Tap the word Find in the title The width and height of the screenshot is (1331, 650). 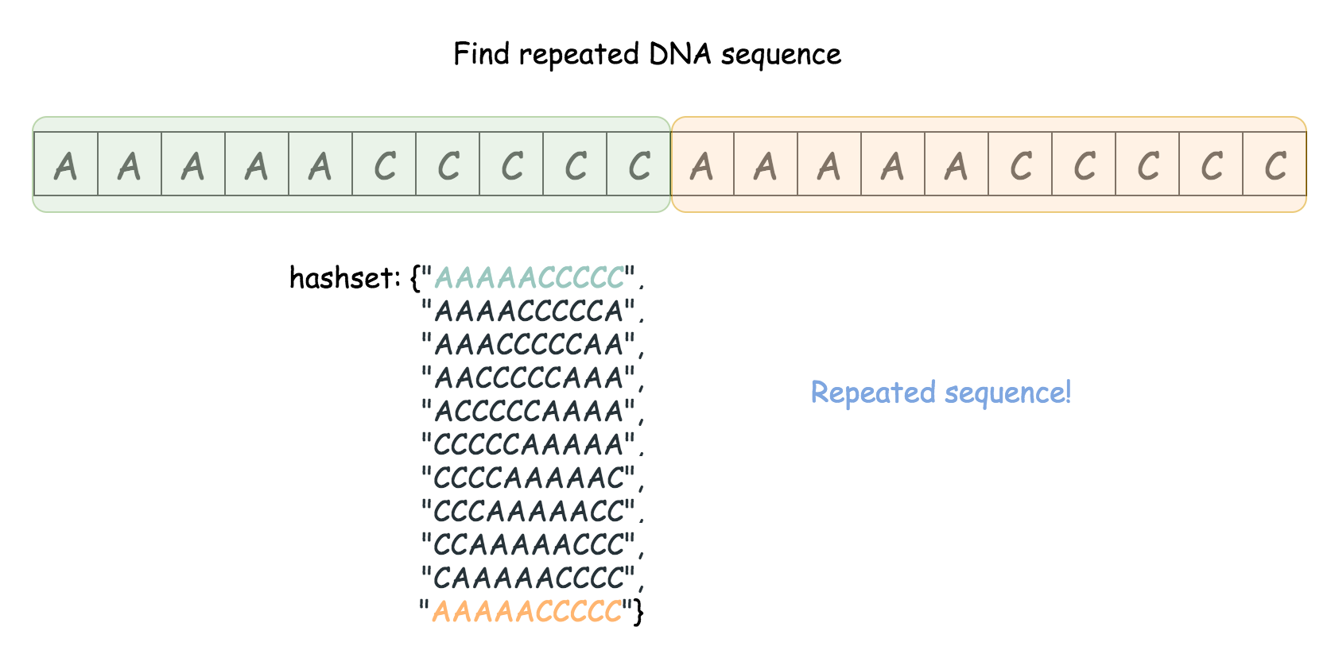point(481,54)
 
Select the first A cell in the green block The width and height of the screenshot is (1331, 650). point(66,164)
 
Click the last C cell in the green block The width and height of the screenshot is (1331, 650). point(638,164)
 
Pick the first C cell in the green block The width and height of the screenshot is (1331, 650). point(384,164)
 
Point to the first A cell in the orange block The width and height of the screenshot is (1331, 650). point(702,164)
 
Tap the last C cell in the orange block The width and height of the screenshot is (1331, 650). point(1275,164)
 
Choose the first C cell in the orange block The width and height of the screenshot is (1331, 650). point(1020,164)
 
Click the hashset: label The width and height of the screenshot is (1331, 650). point(345,278)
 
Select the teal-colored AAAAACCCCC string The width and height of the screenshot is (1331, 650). point(530,278)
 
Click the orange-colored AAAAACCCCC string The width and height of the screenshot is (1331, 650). point(526,611)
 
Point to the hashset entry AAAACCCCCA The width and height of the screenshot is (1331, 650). point(530,311)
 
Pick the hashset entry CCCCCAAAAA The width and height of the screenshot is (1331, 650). point(530,444)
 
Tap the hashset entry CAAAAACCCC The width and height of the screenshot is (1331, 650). point(530,578)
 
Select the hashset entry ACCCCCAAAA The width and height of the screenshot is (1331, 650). point(530,411)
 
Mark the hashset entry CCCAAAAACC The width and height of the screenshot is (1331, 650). point(530,511)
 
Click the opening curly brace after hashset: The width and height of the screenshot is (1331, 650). point(414,278)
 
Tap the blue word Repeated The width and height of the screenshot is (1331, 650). point(873,393)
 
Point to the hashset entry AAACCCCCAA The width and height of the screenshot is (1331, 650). point(530,345)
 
